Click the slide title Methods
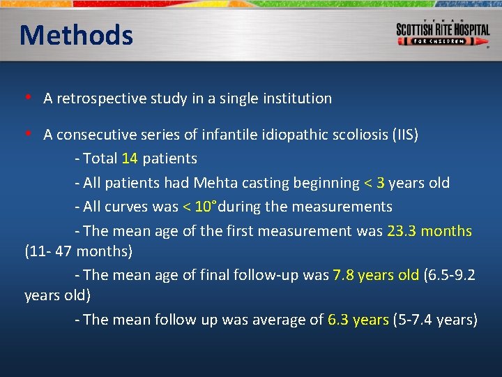tap(76, 35)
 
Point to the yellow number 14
tap(130, 158)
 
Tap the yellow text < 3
tap(374, 183)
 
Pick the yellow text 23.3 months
tap(429, 231)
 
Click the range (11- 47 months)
tap(78, 250)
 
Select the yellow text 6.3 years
tap(358, 320)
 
